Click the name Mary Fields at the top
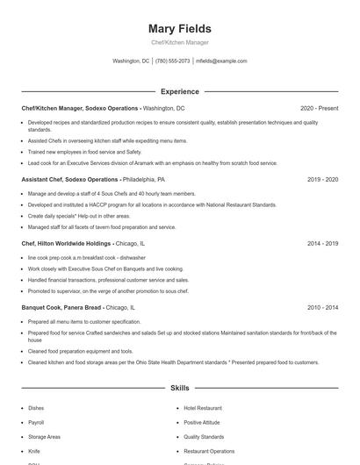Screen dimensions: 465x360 [180, 28]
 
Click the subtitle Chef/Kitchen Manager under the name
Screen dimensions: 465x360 [180, 42]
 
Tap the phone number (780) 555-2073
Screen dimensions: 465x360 [173, 61]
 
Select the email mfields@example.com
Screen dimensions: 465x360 [221, 61]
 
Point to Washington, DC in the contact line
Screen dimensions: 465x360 [132, 61]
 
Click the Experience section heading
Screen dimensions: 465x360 [180, 91]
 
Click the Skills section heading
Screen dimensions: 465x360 [180, 387]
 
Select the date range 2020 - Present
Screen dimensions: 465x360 [319, 108]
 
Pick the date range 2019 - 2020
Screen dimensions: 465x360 [322, 179]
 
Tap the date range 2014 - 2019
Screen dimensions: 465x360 [322, 243]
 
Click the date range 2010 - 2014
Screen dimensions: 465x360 [322, 308]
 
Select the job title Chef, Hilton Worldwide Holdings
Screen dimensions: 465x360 [66, 243]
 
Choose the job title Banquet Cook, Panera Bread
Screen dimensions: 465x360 [61, 308]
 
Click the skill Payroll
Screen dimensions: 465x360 [36, 422]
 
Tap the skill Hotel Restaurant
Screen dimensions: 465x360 [203, 408]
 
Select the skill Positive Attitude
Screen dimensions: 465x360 [202, 422]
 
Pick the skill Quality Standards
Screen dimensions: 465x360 [204, 436]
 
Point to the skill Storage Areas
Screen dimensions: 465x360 [44, 436]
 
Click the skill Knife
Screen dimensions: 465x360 [34, 451]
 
